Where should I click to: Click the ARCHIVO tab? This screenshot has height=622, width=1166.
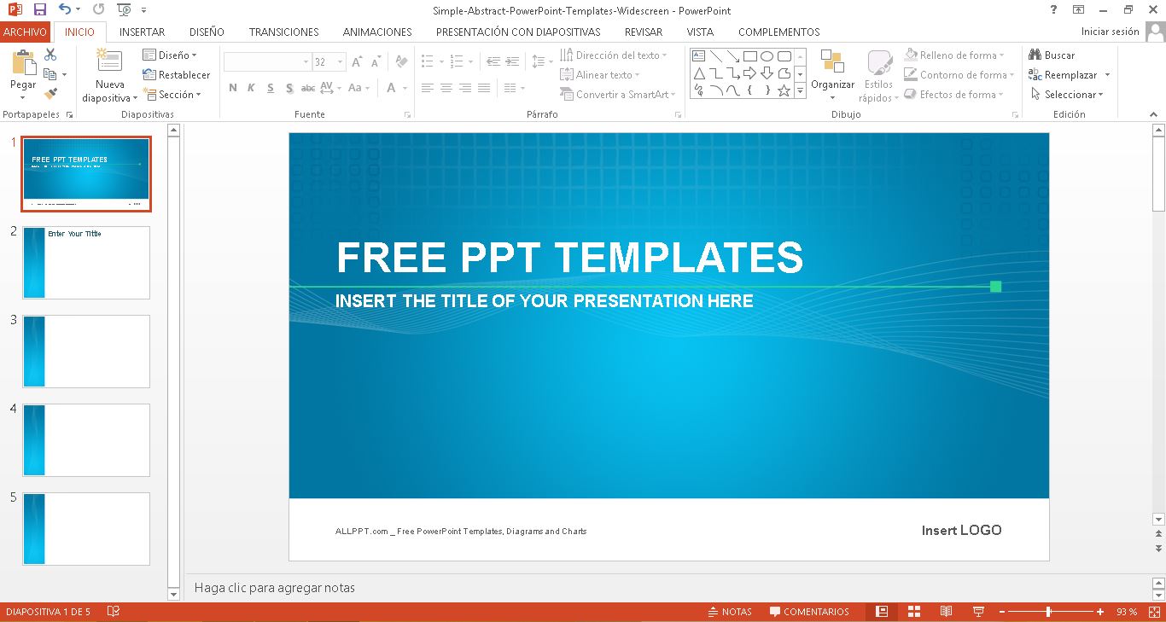point(25,32)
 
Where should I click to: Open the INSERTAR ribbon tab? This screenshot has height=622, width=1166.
point(142,32)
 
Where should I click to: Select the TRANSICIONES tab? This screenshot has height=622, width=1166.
point(283,32)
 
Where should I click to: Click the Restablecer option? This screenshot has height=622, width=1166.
point(177,75)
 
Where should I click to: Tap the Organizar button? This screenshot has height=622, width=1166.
point(832,72)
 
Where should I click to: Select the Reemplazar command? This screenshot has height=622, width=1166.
point(1070,75)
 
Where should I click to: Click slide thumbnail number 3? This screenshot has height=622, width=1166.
point(86,351)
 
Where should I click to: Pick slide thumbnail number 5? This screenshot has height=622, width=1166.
point(86,528)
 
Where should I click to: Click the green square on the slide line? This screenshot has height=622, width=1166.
point(995,287)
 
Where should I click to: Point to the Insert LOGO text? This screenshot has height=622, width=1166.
point(961,530)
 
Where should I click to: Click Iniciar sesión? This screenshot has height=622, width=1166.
point(1110,32)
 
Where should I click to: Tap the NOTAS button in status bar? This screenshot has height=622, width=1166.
point(730,612)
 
